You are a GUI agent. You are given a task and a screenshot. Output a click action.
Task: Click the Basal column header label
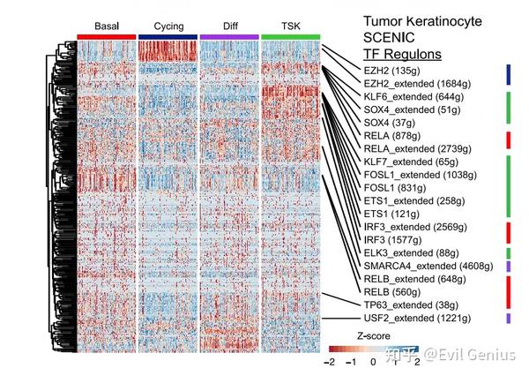[106, 26]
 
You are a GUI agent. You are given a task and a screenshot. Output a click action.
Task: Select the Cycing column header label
[168, 26]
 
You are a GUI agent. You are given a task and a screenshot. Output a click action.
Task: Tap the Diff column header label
[228, 26]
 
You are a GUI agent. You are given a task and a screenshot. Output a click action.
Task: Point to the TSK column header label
[290, 26]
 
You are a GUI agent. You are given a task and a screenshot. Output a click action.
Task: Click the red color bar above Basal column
[106, 36]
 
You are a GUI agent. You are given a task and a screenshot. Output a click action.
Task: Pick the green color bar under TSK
[290, 36]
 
